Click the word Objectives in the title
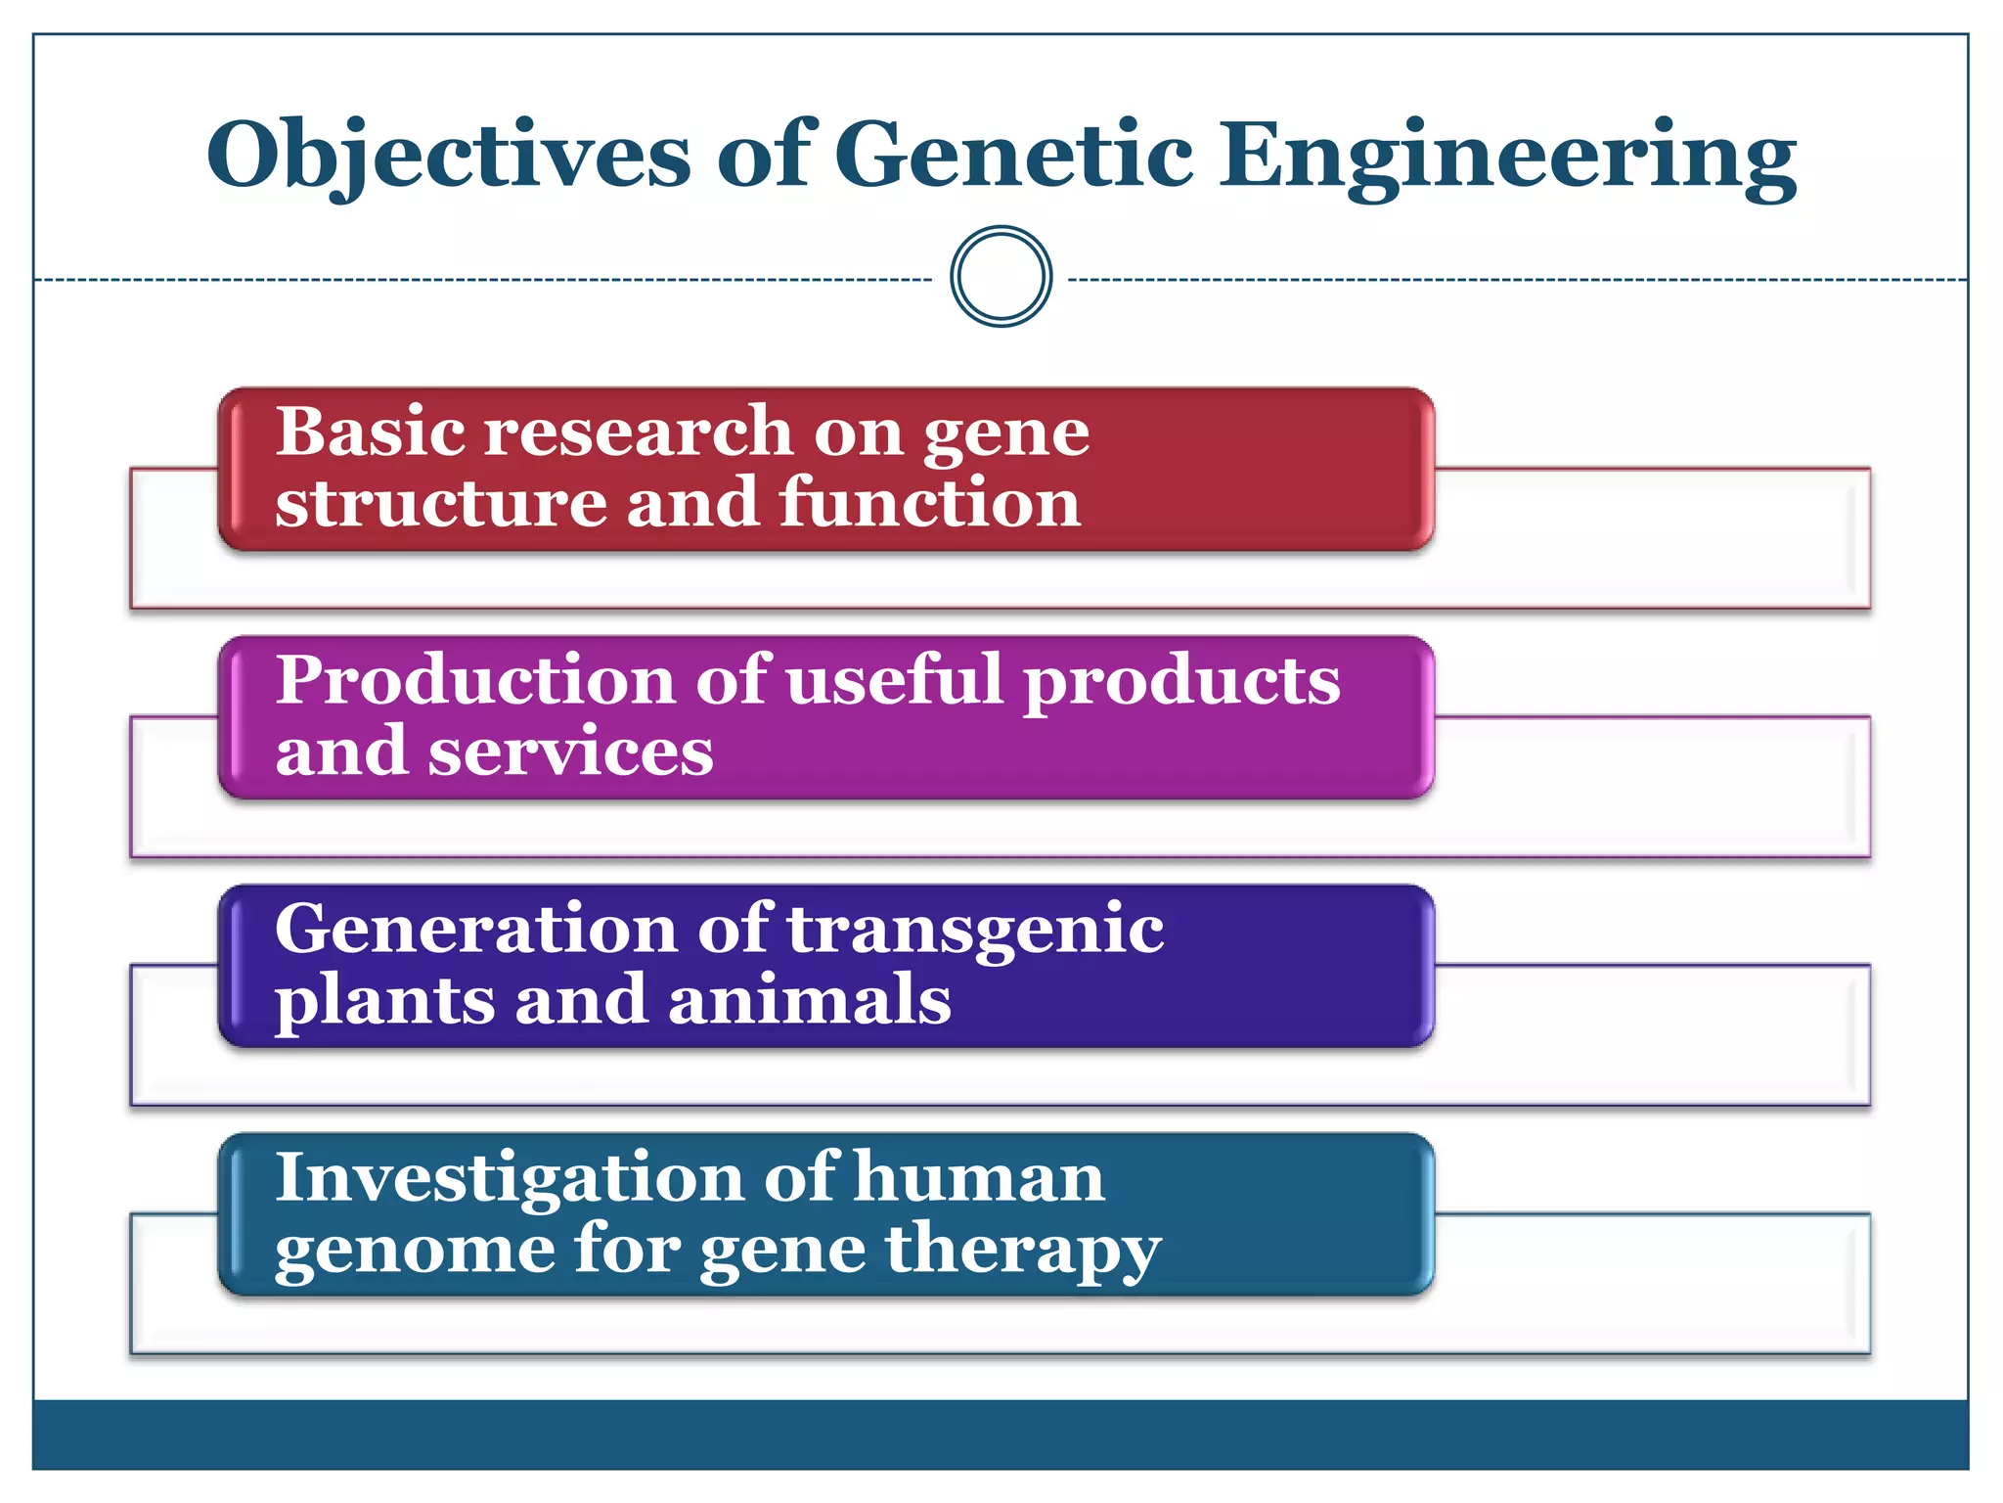[448, 157]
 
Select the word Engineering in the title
[1507, 157]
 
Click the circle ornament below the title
[1001, 277]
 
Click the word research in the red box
[638, 433]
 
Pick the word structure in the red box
[440, 503]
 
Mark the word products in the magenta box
[1181, 683]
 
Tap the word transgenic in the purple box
[975, 932]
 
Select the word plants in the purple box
[385, 1002]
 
